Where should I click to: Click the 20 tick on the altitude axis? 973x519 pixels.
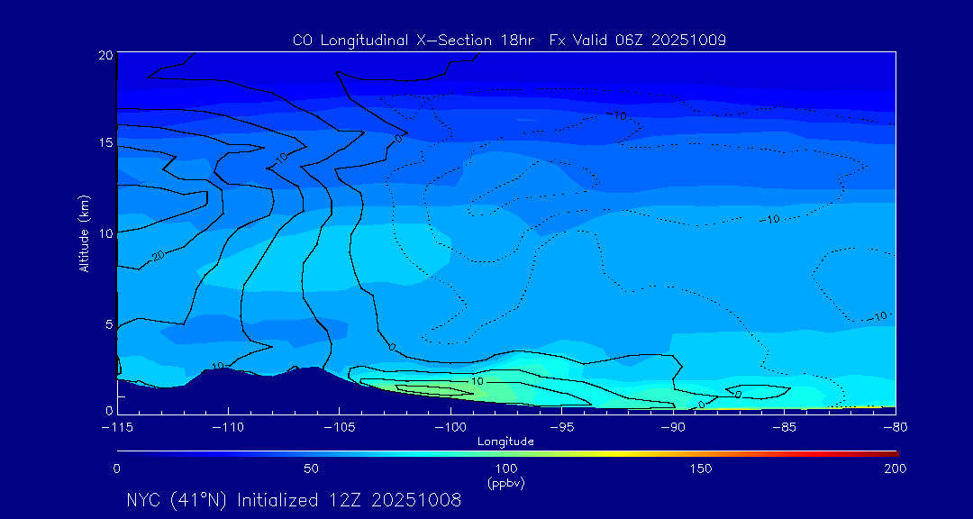105,55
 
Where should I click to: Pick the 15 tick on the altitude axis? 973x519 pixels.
105,143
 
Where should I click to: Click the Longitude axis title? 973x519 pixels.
505,442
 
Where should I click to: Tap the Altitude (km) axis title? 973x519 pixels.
85,232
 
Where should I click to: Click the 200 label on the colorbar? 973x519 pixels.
895,469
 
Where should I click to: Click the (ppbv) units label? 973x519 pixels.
505,483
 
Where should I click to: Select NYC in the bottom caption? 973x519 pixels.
147,500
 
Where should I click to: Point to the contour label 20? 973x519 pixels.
159,257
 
